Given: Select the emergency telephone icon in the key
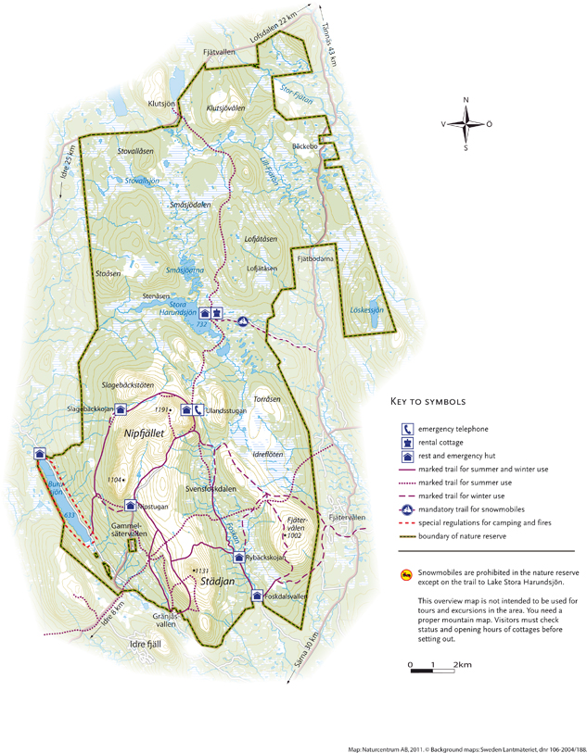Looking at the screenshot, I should tap(406, 429).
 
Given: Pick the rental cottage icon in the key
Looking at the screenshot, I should tap(406, 443).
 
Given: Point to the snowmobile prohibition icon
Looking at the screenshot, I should tap(405, 575).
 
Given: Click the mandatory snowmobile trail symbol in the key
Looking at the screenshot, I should tap(406, 510).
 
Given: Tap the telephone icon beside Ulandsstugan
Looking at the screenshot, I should tap(198, 410).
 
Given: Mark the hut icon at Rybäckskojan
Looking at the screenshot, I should tap(238, 558).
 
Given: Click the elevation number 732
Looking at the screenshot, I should tap(201, 325).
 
